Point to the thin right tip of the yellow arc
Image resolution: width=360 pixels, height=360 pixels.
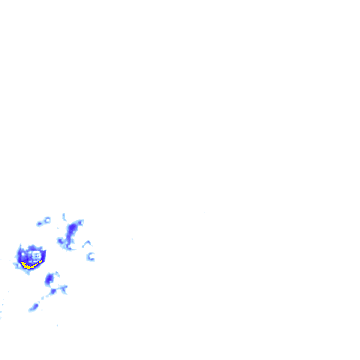click(x=41, y=261)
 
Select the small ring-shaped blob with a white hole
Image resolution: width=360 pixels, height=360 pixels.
click(x=47, y=220)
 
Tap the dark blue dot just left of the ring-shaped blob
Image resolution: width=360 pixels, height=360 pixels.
click(x=39, y=224)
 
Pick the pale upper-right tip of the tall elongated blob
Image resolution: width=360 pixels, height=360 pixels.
click(x=81, y=222)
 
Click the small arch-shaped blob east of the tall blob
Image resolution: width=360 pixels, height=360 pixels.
click(x=87, y=243)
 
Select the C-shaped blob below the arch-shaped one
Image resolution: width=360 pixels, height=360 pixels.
click(x=90, y=257)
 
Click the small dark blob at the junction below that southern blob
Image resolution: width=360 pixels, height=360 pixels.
click(x=53, y=291)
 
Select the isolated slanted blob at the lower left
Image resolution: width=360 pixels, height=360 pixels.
click(x=33, y=308)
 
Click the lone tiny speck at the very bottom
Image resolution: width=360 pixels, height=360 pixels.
click(x=57, y=326)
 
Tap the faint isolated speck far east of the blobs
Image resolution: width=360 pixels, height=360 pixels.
click(x=132, y=239)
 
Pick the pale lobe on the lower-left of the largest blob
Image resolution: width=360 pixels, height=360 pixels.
click(x=18, y=265)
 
